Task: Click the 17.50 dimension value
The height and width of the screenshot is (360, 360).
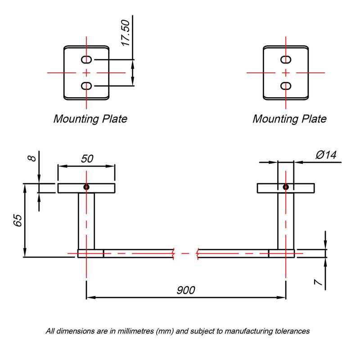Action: [126, 33]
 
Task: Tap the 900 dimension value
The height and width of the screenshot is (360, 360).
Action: [186, 290]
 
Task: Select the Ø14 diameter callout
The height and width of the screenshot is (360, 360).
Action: [326, 155]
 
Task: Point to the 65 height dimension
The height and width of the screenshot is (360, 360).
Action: [18, 220]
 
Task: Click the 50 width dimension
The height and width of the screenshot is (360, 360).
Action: [87, 159]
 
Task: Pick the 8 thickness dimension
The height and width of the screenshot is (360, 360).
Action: [32, 158]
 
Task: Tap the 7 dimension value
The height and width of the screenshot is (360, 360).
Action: [319, 282]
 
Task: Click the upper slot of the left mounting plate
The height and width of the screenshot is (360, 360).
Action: [86, 60]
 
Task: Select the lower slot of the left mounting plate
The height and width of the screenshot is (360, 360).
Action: [86, 86]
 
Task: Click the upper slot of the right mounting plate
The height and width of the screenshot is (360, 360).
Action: [286, 60]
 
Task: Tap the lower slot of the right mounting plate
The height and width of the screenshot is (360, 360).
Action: [286, 86]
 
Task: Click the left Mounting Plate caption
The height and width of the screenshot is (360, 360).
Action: [90, 119]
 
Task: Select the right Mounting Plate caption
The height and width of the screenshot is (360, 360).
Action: [289, 119]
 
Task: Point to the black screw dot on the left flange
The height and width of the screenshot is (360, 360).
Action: [86, 187]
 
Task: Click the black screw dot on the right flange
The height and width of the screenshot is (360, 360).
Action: [286, 187]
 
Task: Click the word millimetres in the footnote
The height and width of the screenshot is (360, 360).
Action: [135, 331]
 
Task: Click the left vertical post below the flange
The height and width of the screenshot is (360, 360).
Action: [86, 221]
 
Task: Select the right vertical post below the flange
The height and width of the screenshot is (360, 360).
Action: [286, 221]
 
